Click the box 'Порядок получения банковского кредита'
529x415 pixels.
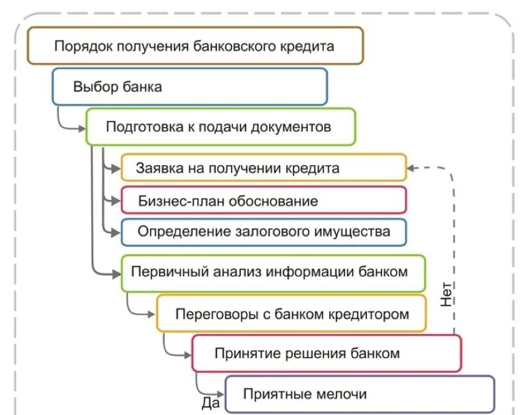(195, 46)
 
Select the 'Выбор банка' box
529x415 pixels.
(190, 86)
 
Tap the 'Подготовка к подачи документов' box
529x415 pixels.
(220, 127)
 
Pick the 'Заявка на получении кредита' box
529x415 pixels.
(263, 168)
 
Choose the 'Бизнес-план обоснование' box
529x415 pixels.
(263, 200)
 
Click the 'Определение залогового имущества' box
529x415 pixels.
(263, 232)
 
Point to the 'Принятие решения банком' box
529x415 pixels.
(326, 353)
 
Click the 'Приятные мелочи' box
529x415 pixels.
(359, 394)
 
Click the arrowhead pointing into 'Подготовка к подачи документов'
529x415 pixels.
(82, 129)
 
